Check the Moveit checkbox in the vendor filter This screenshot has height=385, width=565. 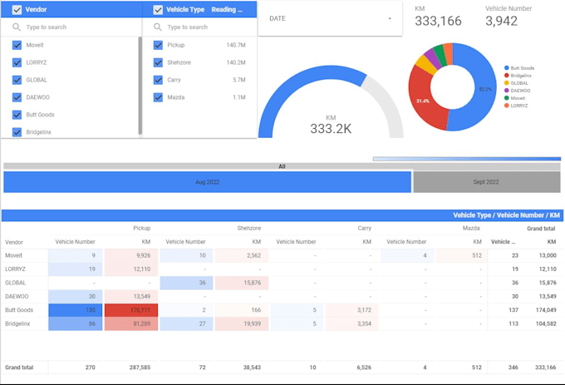(x=17, y=45)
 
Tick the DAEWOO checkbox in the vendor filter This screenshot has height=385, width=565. (x=17, y=97)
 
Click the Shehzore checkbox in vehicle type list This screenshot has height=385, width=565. (x=158, y=62)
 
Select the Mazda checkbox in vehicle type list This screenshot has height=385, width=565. (x=158, y=97)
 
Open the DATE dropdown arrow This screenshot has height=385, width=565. (x=389, y=18)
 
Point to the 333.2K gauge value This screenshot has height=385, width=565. (x=331, y=129)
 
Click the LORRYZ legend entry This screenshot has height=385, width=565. (x=518, y=106)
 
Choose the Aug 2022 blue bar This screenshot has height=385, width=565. (x=208, y=181)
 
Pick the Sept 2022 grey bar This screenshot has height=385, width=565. (x=487, y=181)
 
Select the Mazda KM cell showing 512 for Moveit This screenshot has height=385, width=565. (x=459, y=255)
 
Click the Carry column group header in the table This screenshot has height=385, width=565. (x=364, y=227)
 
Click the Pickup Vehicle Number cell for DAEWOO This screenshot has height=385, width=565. (x=76, y=296)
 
